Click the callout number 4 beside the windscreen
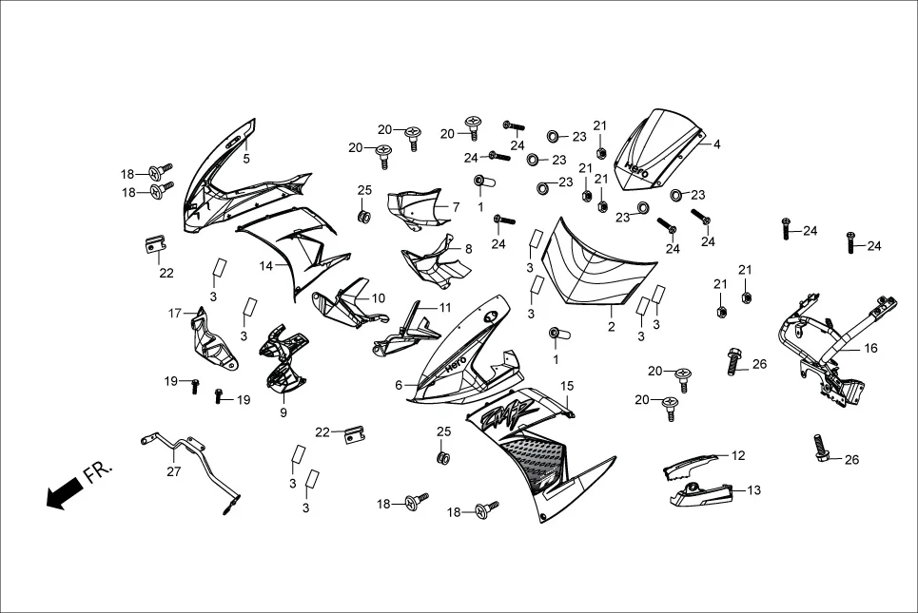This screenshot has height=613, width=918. [x=716, y=144]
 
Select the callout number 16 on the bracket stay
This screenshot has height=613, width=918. [x=870, y=349]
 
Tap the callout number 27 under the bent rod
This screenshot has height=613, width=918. [x=173, y=470]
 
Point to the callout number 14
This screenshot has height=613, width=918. [x=266, y=265]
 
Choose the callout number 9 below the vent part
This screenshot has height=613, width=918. [x=282, y=412]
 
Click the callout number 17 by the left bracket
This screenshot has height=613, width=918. [x=175, y=313]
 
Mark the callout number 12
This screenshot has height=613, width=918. [x=738, y=455]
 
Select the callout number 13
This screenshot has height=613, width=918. [x=754, y=490]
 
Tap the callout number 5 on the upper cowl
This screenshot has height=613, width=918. [x=246, y=159]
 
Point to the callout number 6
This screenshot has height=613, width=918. [x=400, y=385]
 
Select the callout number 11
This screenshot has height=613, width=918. [x=444, y=308]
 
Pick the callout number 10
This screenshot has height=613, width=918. [x=379, y=298]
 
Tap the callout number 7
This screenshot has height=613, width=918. [x=455, y=206]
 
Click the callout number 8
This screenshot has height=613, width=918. [x=467, y=249]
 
